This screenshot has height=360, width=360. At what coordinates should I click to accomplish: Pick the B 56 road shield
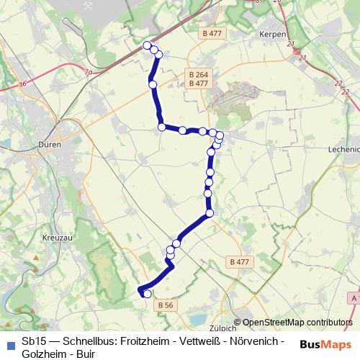[165, 305]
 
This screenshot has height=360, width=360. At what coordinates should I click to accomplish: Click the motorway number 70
[88, 72]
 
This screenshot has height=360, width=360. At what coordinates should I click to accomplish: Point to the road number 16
[22, 84]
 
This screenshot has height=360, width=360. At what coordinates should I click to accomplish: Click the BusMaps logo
[325, 344]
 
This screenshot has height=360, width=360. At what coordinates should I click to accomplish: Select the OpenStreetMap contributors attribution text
[298, 323]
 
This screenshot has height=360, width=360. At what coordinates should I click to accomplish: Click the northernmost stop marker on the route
[148, 46]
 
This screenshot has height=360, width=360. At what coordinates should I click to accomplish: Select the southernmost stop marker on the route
[147, 294]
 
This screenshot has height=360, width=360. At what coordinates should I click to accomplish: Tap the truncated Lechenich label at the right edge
[343, 148]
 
